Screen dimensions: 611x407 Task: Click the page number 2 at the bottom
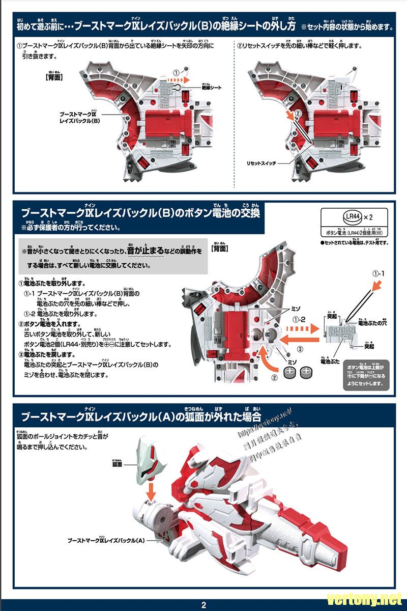[203, 605]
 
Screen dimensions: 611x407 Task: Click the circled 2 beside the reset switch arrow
[298, 113]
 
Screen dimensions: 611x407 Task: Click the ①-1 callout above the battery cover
[379, 273]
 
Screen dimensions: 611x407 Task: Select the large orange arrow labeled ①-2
[295, 337]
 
